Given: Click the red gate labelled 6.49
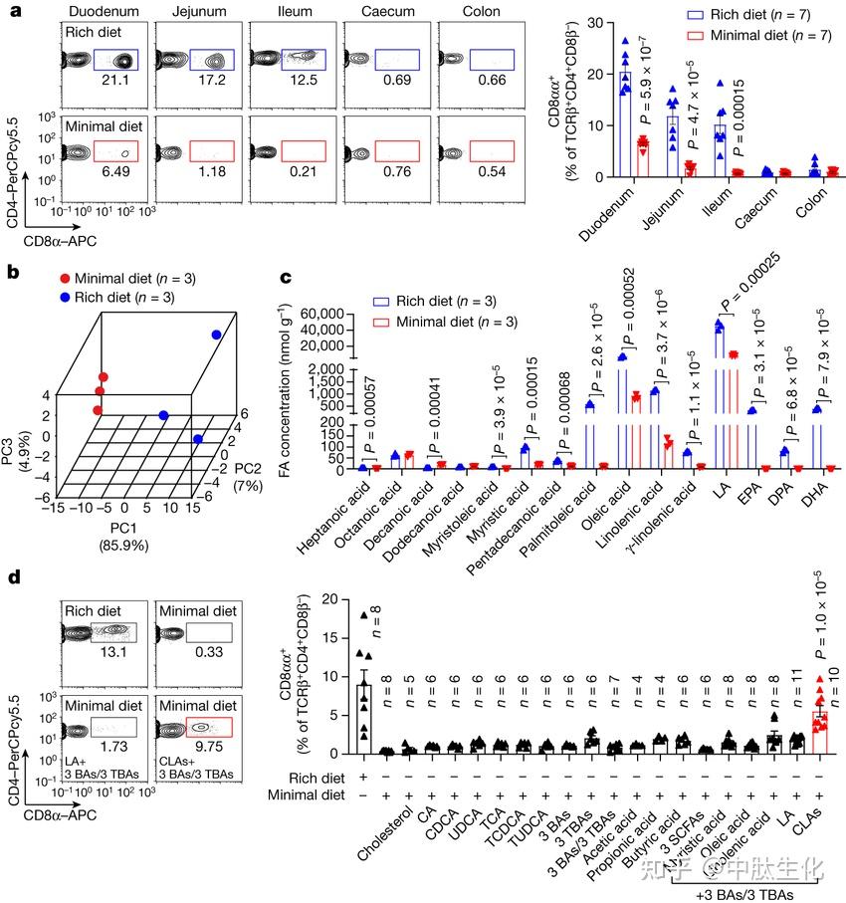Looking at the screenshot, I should tap(114, 151).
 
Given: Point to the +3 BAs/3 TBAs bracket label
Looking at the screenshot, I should tap(743, 893).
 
